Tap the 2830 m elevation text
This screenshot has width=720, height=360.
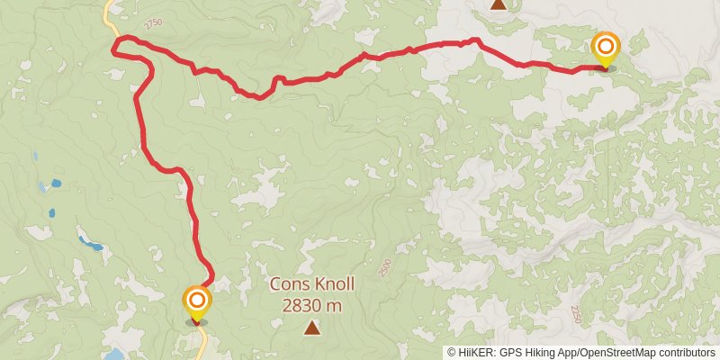tap(311, 305)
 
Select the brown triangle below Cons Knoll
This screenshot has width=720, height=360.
tap(311, 328)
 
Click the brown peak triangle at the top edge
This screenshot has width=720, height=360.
tap(498, 4)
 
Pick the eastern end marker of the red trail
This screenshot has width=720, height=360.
tap(606, 49)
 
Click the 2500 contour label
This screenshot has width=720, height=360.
tap(385, 267)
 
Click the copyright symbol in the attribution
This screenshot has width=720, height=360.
tap(452, 353)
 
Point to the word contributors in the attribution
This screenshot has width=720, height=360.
tap(684, 353)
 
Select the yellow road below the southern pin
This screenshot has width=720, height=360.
tap(202, 342)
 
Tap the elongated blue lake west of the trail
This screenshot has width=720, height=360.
tap(89, 243)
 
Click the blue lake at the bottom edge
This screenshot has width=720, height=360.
tap(115, 355)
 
